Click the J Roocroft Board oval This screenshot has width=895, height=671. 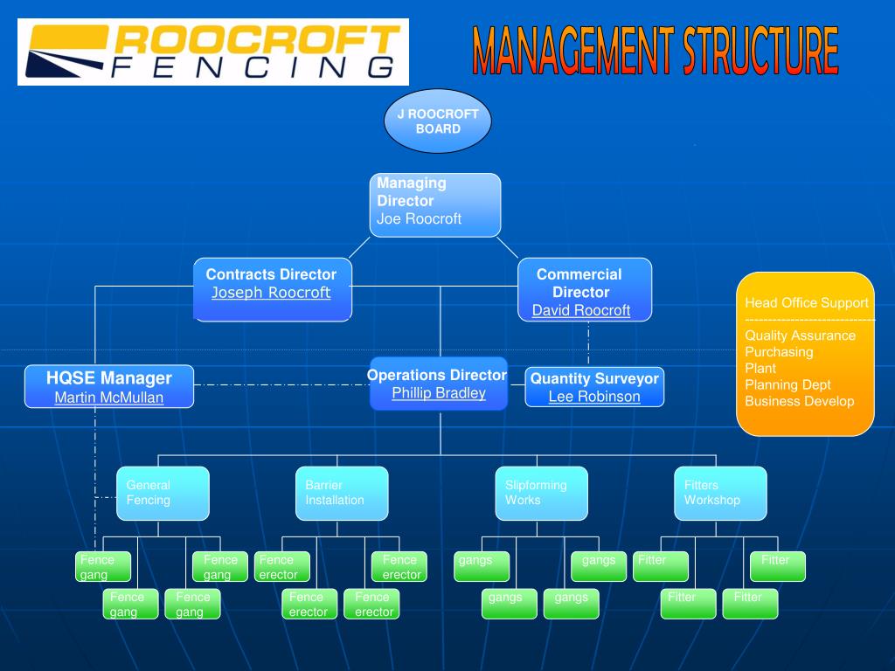437,121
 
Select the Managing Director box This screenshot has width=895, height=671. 435,204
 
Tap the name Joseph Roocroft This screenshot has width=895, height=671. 271,293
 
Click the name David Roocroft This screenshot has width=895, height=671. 581,310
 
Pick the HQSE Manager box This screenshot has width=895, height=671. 109,386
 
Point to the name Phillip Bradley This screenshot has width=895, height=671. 439,393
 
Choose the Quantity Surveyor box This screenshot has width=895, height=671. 594,387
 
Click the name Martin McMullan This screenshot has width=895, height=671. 109,398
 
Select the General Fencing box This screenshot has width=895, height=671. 163,494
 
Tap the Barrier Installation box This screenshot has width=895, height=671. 342,494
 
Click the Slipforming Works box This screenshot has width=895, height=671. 541,494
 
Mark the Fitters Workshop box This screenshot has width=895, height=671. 720,494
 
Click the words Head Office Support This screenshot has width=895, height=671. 807,303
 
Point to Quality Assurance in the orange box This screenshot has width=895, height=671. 801,335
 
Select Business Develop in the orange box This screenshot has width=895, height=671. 800,401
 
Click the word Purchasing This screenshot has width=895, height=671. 779,352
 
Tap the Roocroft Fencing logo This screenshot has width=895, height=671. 213,52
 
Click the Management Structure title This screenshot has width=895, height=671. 656,51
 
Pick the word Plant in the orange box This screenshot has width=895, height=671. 760,368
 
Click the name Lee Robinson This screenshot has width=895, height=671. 594,397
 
